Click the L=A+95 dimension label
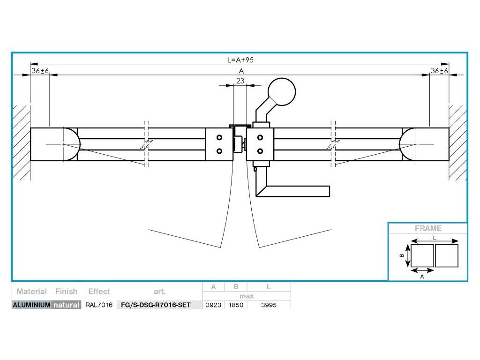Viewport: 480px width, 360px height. point(240,60)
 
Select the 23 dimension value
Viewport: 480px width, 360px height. point(240,81)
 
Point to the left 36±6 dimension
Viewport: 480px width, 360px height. point(40,71)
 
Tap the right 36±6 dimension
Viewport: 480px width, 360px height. point(439,71)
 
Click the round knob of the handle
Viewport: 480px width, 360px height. point(281,91)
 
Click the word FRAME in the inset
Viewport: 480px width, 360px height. point(428,229)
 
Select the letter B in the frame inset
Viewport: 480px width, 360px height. point(401,256)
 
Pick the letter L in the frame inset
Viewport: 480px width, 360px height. point(435,238)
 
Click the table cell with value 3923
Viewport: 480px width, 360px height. point(213,305)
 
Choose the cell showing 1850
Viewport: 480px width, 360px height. point(236,305)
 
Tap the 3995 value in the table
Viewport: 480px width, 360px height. point(269,305)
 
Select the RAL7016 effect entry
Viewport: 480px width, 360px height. point(99,305)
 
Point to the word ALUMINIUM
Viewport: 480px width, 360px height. point(31,305)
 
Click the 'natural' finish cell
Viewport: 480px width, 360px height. point(66,305)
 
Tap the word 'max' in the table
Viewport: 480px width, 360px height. point(246,296)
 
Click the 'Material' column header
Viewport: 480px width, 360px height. point(31,291)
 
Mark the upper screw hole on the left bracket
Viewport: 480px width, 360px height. point(219,138)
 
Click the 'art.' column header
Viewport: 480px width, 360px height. point(159,291)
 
